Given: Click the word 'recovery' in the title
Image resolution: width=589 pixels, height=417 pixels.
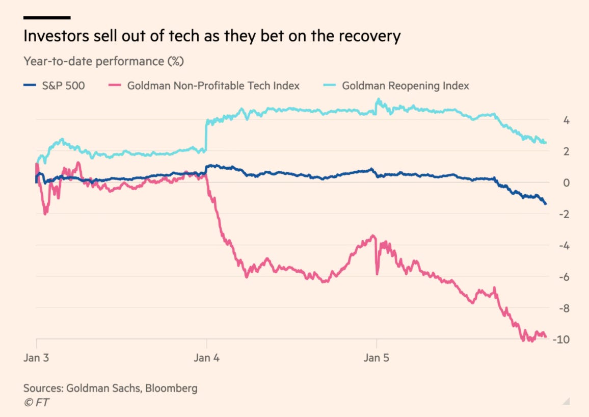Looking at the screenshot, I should [x=371, y=37].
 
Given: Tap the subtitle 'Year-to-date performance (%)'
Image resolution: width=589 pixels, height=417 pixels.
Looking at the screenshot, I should [x=103, y=62].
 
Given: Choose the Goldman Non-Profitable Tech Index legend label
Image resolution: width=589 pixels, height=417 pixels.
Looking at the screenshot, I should [x=213, y=85].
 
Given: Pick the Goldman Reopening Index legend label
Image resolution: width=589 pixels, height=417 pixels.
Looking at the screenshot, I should [x=405, y=85].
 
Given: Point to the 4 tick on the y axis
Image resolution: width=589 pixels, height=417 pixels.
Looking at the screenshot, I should [x=552, y=121].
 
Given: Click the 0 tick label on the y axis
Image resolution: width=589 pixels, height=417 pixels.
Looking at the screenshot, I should [x=552, y=183].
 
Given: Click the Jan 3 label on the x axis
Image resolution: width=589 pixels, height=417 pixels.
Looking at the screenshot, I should [x=36, y=358].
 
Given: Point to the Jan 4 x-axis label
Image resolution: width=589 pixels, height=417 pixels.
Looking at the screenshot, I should [x=206, y=358].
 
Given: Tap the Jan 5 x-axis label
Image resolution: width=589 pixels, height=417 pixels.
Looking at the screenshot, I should [x=376, y=358].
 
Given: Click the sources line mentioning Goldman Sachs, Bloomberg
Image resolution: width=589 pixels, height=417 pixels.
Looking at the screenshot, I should [x=110, y=388].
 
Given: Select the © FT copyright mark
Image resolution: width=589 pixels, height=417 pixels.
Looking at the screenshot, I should [x=36, y=403].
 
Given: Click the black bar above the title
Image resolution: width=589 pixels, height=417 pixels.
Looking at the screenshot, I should [x=47, y=18].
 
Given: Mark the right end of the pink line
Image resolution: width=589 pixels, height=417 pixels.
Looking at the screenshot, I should [x=546, y=336].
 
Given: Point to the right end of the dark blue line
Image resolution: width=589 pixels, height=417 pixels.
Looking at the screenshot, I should [x=546, y=204].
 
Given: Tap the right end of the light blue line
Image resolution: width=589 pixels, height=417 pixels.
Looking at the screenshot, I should [x=546, y=142].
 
